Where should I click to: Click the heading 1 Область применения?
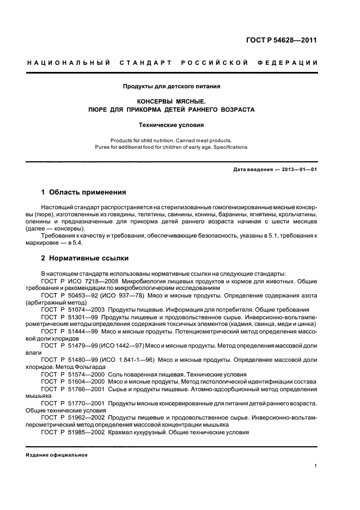pyautogui.click(x=84, y=192)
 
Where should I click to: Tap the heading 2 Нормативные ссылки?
pyautogui.click(x=85, y=258)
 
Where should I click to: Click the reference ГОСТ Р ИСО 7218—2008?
pyautogui.click(x=76, y=282)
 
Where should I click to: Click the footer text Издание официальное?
pyautogui.click(x=57, y=454)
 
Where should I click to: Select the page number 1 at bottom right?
pyautogui.click(x=316, y=466)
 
